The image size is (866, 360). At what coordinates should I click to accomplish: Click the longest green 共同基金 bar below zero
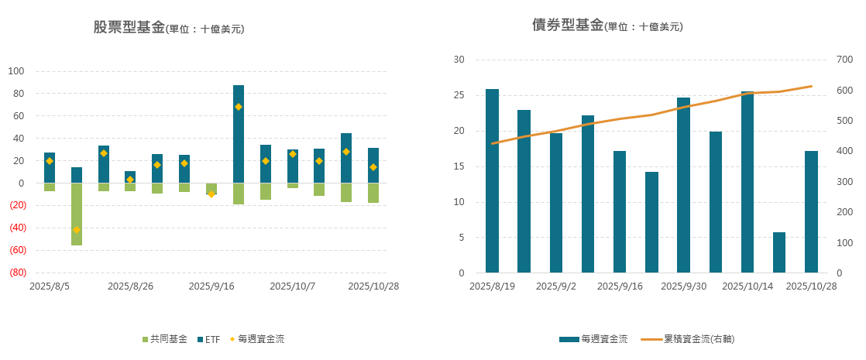point(77,214)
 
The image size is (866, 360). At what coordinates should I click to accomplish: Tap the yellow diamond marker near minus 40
point(77,230)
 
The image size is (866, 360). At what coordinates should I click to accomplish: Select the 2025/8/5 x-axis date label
point(50,286)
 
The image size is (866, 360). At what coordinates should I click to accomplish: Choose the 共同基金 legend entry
point(163,339)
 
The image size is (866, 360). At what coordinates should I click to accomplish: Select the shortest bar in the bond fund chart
point(779,252)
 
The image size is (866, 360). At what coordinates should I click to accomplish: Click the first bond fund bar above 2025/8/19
point(492,180)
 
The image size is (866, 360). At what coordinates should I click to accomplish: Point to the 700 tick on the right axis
point(844,60)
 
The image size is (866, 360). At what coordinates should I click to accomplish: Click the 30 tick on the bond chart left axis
point(459,60)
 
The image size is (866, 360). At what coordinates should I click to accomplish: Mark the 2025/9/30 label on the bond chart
point(684,286)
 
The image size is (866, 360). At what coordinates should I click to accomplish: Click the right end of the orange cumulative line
point(811,86)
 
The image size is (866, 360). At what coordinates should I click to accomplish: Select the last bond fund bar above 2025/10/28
point(811,211)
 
